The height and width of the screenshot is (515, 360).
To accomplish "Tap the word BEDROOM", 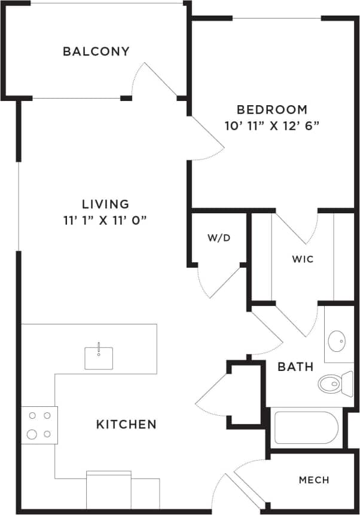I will [x=272, y=109].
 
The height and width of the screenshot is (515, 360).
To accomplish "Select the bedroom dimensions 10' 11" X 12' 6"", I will [x=272, y=126].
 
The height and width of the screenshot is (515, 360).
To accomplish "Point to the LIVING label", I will [x=106, y=204].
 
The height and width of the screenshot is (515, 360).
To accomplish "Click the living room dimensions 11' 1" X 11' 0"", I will [x=106, y=220].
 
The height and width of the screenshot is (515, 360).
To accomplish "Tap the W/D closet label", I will [x=219, y=238].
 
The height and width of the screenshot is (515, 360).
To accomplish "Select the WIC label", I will [x=303, y=259].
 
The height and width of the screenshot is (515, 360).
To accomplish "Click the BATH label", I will [x=295, y=367].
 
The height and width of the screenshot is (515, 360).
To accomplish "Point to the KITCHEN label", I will [x=126, y=424].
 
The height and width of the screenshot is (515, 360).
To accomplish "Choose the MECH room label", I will [x=314, y=480].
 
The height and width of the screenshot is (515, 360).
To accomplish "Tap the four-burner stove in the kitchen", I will [x=39, y=425].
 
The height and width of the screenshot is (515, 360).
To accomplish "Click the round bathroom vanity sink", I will [x=337, y=342].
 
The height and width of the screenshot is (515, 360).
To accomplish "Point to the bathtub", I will [x=306, y=427].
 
